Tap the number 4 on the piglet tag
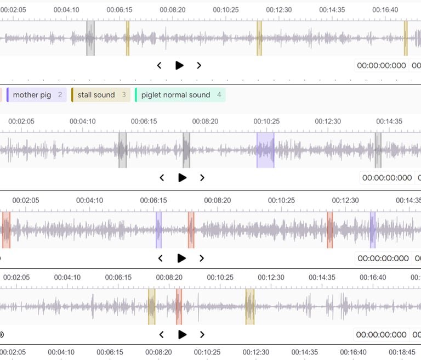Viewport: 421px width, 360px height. (219, 95)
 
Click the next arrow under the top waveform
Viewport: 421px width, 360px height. (199, 65)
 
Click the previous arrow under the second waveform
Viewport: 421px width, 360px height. (162, 178)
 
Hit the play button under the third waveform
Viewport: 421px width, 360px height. (182, 258)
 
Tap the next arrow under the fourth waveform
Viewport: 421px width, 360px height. (202, 334)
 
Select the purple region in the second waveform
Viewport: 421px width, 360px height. (265, 150)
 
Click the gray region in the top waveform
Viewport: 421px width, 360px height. (90, 38)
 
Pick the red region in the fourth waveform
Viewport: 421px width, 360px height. (179, 306)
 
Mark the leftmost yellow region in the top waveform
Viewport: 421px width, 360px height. (128, 38)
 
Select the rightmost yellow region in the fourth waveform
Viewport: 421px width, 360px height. (250, 306)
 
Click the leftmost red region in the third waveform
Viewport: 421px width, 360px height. (6, 230)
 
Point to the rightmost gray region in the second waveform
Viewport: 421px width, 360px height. (378, 150)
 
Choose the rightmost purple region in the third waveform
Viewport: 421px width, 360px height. (373, 230)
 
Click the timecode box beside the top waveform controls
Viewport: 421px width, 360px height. (382, 66)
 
